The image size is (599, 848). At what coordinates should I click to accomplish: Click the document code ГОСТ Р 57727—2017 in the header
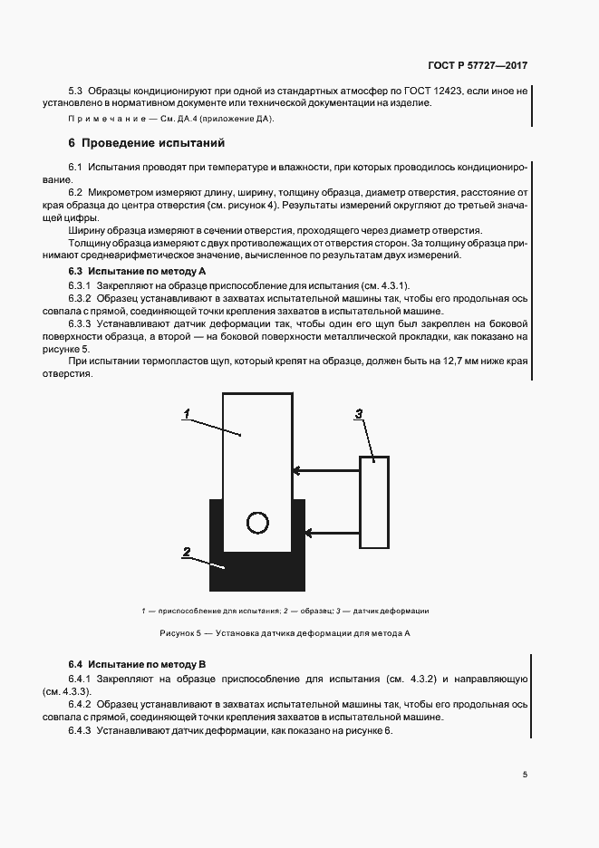click(477, 66)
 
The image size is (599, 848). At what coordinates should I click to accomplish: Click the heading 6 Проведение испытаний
click(147, 143)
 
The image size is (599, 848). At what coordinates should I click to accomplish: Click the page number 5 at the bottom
click(525, 775)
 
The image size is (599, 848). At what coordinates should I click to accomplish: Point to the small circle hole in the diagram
click(258, 523)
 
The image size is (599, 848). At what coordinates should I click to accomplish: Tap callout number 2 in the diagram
click(186, 551)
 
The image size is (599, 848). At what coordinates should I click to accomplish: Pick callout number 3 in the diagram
click(359, 413)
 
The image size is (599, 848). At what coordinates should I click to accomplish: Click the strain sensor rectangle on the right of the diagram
click(374, 502)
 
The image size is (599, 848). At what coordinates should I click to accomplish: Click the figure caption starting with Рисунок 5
click(285, 633)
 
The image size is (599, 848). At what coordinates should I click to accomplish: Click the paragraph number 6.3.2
click(82, 297)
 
